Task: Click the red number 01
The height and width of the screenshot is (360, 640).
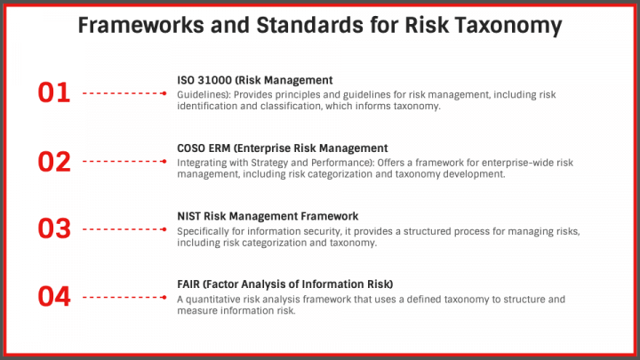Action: (x=53, y=92)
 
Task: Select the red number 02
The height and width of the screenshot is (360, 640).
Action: (x=53, y=161)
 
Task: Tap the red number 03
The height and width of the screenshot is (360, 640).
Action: (x=53, y=229)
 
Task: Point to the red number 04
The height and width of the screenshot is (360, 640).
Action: (x=53, y=297)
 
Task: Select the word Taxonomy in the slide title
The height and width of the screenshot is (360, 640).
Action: (x=505, y=26)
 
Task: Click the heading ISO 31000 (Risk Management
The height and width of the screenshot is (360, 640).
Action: (x=254, y=80)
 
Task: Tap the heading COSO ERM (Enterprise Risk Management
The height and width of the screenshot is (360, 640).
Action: (x=283, y=148)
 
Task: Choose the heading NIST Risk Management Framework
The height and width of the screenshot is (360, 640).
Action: (x=268, y=216)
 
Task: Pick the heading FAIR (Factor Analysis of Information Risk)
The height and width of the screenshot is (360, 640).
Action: (x=284, y=284)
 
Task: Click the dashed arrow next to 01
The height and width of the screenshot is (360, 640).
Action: (x=124, y=92)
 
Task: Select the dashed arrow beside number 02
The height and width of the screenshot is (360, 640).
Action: (x=124, y=161)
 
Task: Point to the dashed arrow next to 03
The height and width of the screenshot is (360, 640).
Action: (x=124, y=229)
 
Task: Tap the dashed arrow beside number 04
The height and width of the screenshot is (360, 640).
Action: (x=124, y=297)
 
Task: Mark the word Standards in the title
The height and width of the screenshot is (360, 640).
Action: (x=314, y=26)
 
